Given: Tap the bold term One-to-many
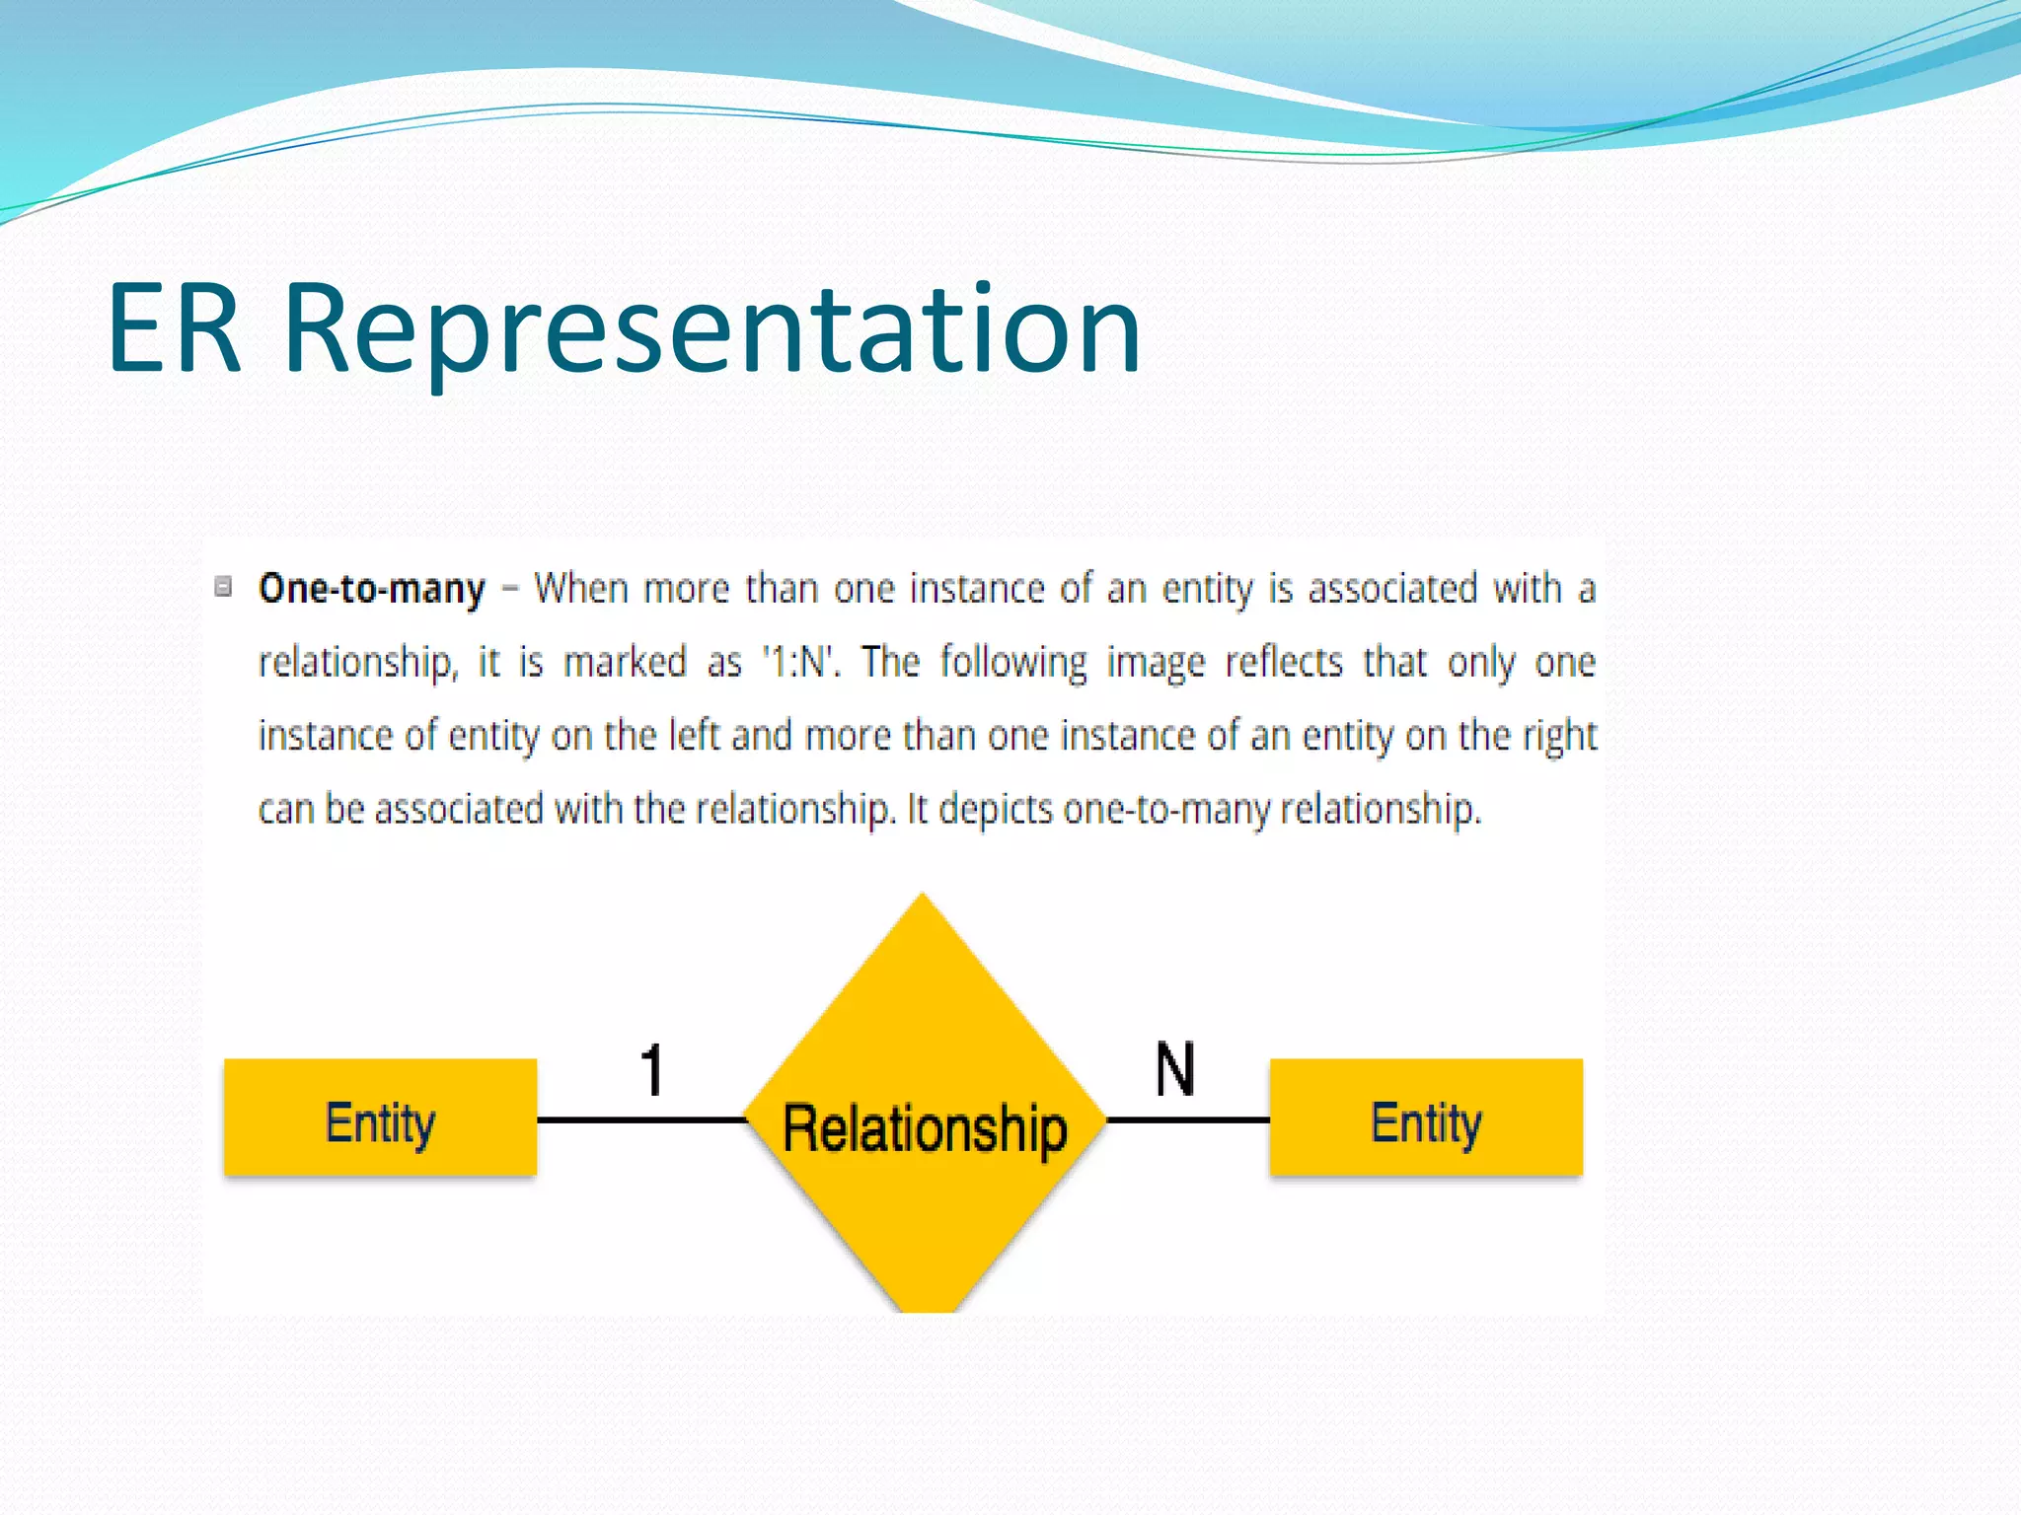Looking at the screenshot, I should tap(371, 589).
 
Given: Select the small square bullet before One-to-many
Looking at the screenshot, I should tap(224, 587).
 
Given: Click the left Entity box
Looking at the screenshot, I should tap(380, 1118).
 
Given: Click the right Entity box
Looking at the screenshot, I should tap(1425, 1118).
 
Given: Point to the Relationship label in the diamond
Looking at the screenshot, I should tap(925, 1128).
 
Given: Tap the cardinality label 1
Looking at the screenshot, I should tap(652, 1070).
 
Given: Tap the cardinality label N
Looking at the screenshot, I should tap(1174, 1069).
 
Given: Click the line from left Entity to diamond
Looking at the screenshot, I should tap(641, 1119).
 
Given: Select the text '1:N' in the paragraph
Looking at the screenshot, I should tap(799, 662).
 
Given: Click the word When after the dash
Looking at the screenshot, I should tap(580, 589).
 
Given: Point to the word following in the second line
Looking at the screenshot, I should tap(1012, 662).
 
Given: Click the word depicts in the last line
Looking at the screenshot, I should tap(996, 810).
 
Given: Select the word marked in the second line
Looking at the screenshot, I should tap(624, 662).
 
